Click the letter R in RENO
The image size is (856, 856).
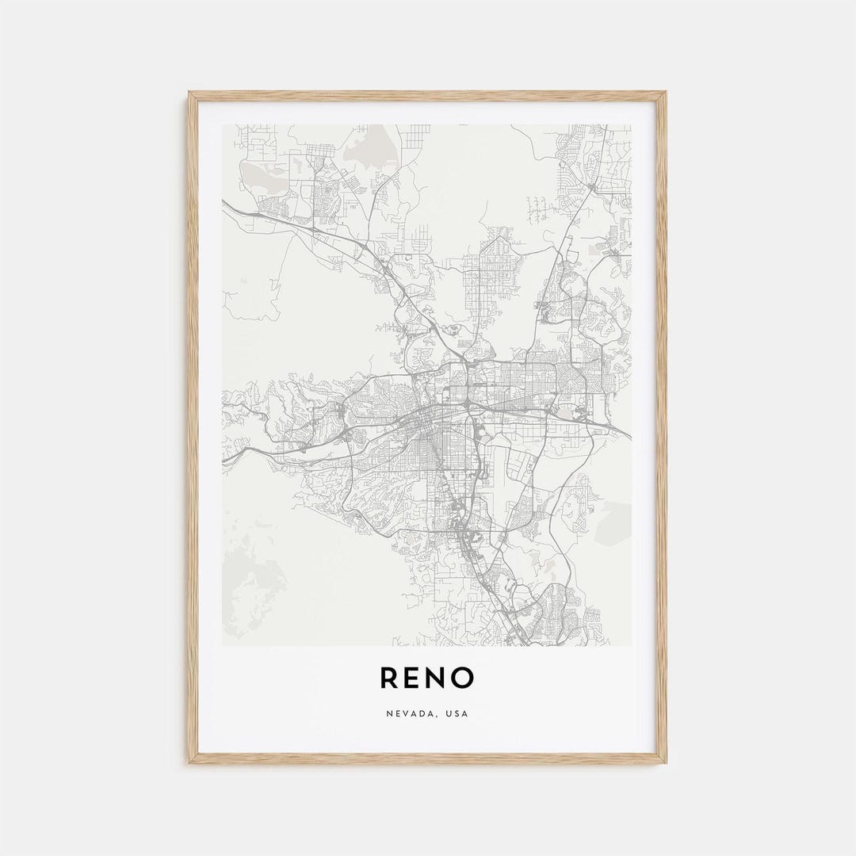tap(389, 678)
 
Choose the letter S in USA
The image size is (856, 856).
tap(457, 713)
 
